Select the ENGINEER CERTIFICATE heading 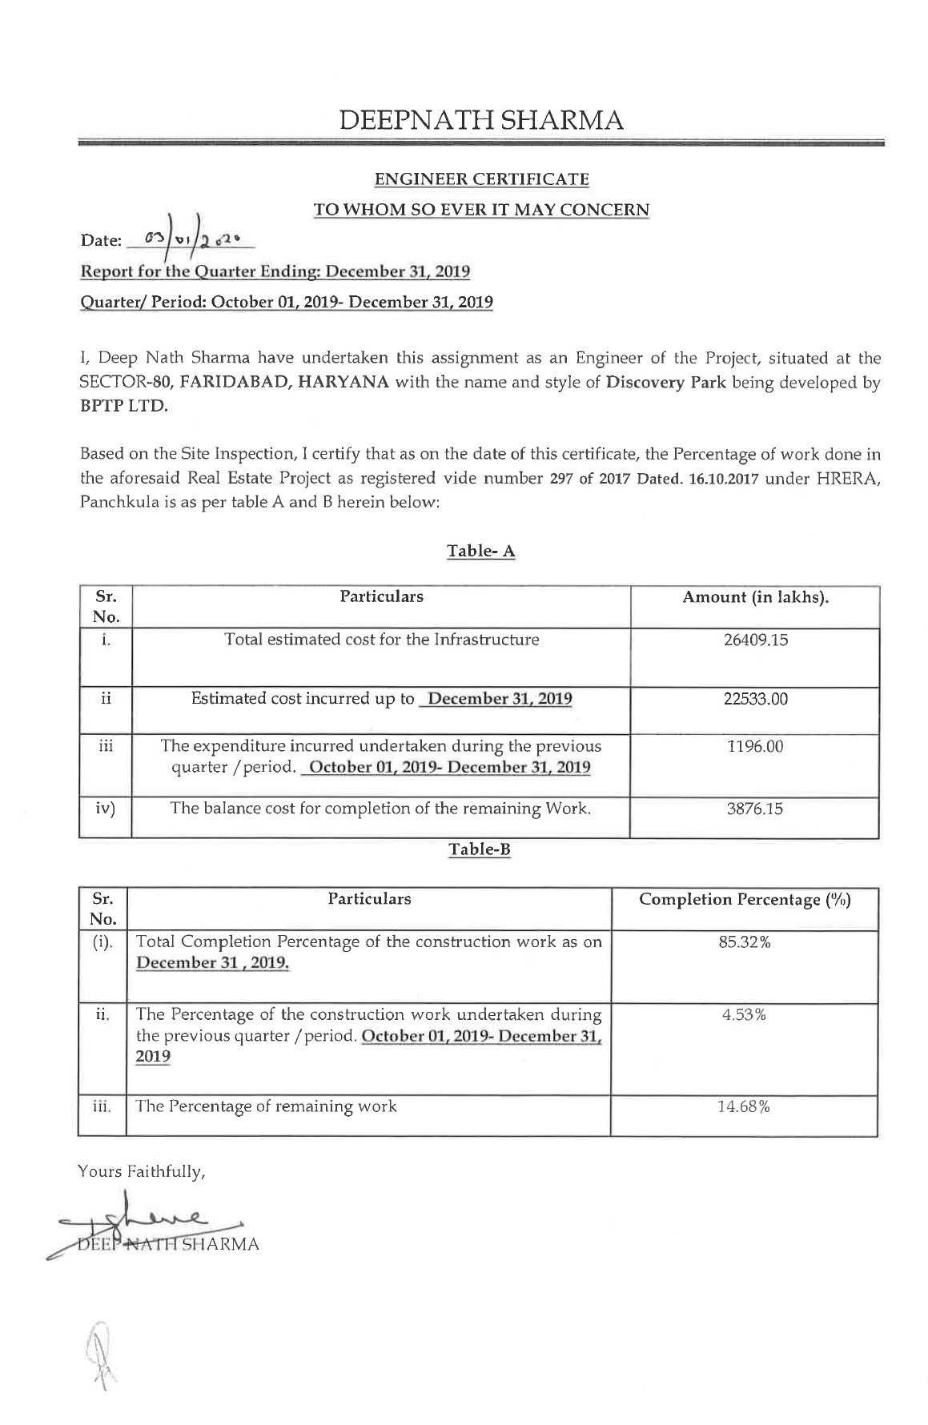481,179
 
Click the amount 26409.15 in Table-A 755,640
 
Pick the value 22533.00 755,699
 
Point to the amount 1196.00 755,748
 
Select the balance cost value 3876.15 755,809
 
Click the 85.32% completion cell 744,942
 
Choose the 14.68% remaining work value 744,1107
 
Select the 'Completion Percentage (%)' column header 744,900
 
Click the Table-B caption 479,849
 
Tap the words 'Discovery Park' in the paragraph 665,382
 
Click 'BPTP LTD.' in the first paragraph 124,406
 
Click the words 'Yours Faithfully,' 142,1172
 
